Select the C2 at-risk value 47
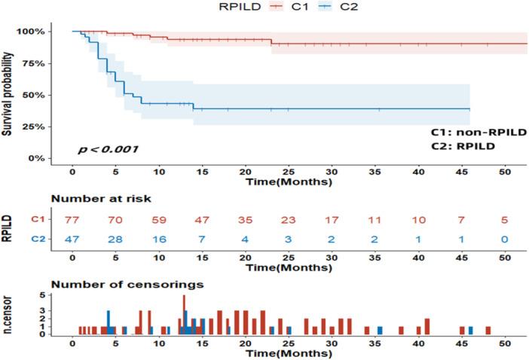[72, 239]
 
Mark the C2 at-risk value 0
[506, 239]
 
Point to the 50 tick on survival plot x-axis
[506, 172]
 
